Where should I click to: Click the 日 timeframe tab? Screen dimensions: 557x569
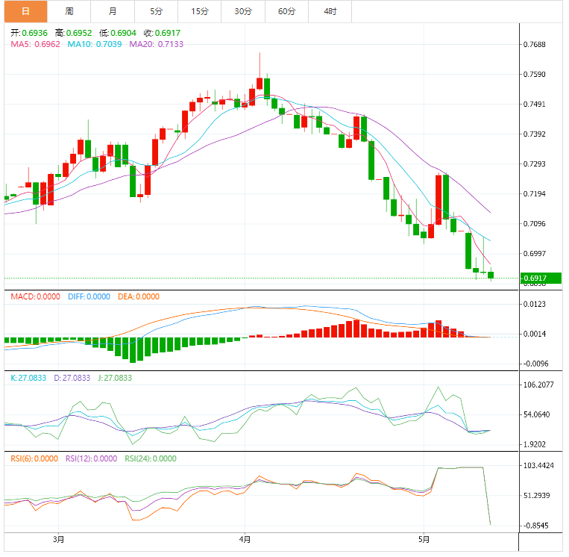[25, 11]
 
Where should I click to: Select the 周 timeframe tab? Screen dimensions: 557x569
[69, 11]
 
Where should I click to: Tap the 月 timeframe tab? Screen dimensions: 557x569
[112, 11]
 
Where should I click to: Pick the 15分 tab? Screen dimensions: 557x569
[199, 11]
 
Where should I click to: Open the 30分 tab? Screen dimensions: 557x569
[242, 11]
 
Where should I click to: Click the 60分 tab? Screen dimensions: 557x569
[286, 11]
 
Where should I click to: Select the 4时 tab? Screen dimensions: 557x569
[330, 11]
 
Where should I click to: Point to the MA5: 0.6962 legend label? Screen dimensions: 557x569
[35, 44]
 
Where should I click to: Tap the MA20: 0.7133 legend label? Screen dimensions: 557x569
[156, 44]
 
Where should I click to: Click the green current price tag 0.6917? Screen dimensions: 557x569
[541, 278]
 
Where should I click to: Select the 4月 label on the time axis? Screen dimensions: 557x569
[245, 539]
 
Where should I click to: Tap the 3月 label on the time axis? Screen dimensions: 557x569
[59, 539]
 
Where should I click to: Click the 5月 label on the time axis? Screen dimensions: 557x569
[424, 539]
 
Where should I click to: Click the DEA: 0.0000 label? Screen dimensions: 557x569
[137, 296]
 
